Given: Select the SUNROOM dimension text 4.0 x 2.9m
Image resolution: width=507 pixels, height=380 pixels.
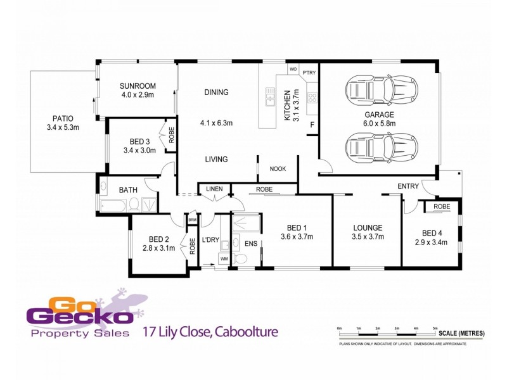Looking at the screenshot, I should [x=138, y=95].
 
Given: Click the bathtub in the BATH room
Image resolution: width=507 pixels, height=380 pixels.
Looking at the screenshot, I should [x=113, y=205].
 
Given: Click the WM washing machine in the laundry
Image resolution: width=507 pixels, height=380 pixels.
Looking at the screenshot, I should [x=223, y=259].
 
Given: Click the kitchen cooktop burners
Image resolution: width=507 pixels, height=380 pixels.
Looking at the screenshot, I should [x=312, y=98].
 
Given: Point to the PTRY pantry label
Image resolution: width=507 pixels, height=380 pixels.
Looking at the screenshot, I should [x=309, y=72].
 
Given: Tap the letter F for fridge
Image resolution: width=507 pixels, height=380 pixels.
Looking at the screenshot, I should [x=311, y=125].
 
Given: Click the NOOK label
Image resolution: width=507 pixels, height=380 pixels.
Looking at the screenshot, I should [x=278, y=168].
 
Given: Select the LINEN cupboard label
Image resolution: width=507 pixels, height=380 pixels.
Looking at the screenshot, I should [x=214, y=188].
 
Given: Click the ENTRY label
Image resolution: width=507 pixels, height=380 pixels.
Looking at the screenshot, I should [x=408, y=186].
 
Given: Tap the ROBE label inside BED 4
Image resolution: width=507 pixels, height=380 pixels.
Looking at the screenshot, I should [x=442, y=207].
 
